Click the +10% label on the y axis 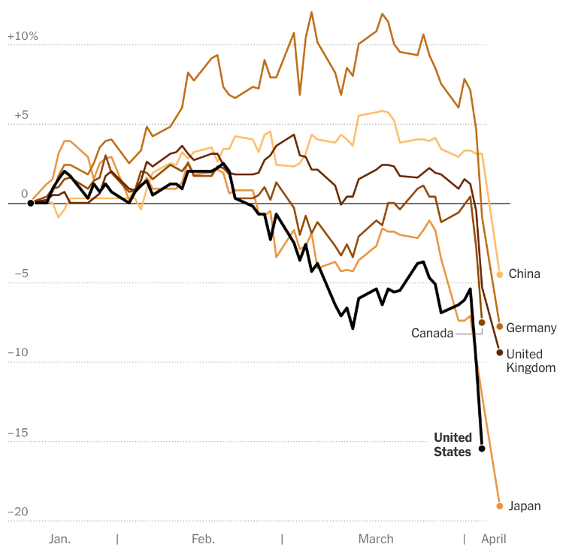point(23,36)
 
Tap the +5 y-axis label point(22,115)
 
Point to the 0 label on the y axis point(24,194)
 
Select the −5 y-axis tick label point(22,273)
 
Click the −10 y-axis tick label point(18,352)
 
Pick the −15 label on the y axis point(18,433)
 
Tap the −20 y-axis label point(18,512)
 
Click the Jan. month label point(59,539)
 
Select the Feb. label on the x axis point(203,539)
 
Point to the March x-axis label point(376,539)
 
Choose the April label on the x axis point(494,539)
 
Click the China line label point(524,274)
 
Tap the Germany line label point(531,328)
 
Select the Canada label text point(432,333)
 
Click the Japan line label point(525,506)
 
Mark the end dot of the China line point(499,274)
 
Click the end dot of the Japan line point(499,506)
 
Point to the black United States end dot point(482,449)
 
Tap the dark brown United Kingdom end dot point(499,352)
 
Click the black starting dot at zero point(31,203)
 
